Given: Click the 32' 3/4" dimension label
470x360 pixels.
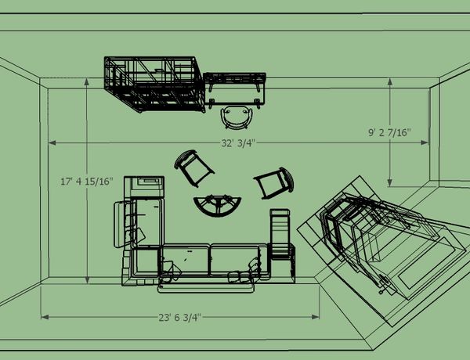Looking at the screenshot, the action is pos(238,143).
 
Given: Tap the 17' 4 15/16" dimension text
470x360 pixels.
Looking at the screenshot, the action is pos(87,182).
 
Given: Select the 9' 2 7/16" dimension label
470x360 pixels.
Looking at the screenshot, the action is pos(389,132).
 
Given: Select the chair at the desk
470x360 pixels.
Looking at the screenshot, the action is pos(237,117).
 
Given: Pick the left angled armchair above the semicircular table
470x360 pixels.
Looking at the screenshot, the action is pos(194,167).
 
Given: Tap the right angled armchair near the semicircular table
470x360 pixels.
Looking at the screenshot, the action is pos(274,183).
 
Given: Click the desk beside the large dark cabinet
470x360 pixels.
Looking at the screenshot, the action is pos(234,88).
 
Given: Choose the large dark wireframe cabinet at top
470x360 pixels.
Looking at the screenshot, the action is pos(154,84).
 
